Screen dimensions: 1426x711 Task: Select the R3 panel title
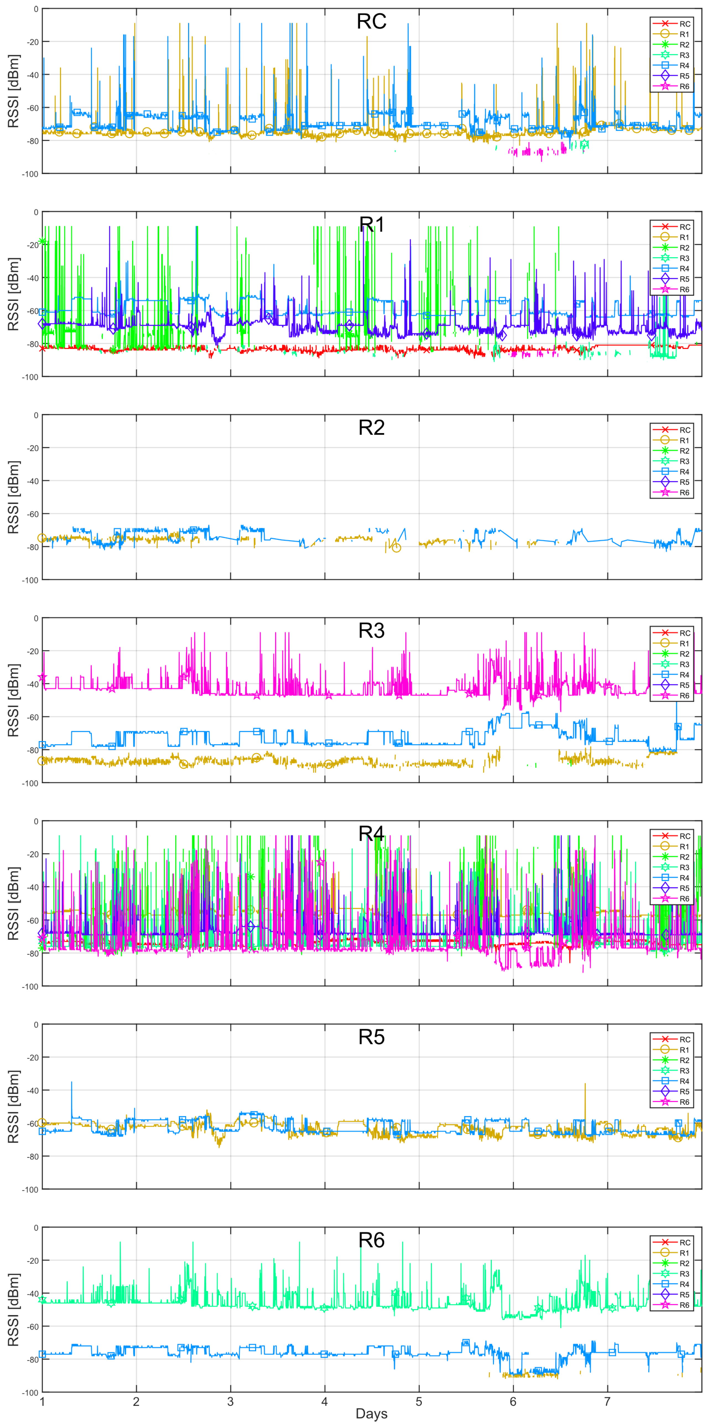[x=371, y=630]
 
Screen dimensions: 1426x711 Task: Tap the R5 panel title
[x=371, y=1037]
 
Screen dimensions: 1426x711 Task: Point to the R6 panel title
[x=371, y=1240]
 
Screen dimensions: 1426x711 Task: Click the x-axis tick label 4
[x=325, y=1402]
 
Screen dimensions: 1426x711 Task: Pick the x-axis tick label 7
[x=607, y=1402]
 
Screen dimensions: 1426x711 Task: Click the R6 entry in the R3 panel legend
[x=684, y=696]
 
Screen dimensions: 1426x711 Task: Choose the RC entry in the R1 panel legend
[x=684, y=227]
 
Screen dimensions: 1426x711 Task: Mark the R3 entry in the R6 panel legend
[x=684, y=1274]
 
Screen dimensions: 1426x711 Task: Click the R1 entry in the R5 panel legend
[x=684, y=1050]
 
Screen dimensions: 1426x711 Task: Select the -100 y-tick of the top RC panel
[x=30, y=174]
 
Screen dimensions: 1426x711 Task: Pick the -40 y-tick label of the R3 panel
[x=32, y=684]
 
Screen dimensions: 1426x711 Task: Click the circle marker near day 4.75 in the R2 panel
[x=396, y=547]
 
